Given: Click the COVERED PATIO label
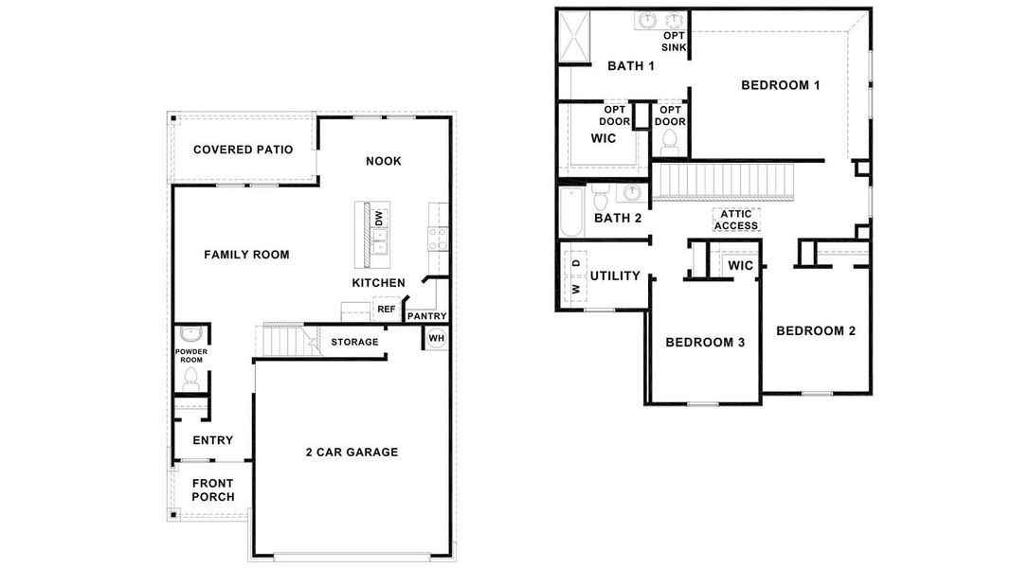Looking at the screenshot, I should click(x=243, y=150).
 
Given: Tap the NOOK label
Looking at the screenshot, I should click(x=384, y=161).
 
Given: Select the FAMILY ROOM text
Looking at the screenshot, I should click(x=246, y=255).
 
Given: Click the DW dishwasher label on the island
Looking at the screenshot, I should click(x=379, y=219).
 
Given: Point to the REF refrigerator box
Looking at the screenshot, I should click(x=386, y=309).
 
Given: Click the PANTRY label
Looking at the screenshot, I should click(x=426, y=316).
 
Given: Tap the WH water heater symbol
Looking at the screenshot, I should click(x=435, y=339).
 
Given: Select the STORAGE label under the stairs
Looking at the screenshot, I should click(x=354, y=342).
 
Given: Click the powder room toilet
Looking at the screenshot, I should click(x=190, y=379).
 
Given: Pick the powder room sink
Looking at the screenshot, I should click(x=190, y=334).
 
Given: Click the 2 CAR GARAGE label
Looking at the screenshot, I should click(x=352, y=452).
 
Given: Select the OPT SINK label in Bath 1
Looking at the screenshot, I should click(x=674, y=41).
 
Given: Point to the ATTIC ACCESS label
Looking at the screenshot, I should click(x=736, y=220).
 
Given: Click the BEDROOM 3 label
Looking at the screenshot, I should click(x=704, y=343).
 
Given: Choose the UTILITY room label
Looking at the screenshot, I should click(x=615, y=276).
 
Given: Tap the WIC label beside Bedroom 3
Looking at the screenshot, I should click(x=741, y=266).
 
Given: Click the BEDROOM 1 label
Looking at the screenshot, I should click(x=780, y=85).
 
